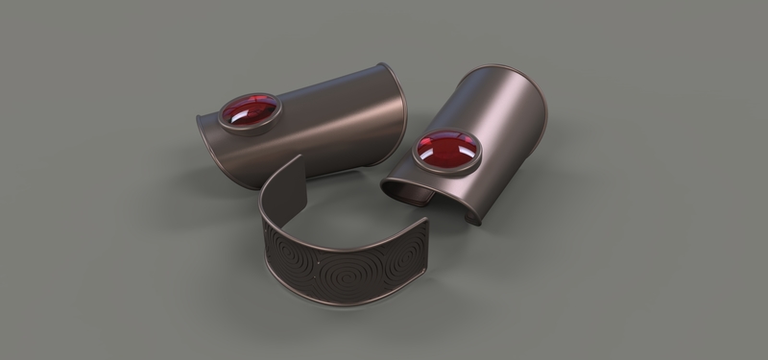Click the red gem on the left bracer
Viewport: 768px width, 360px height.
point(247,114)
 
